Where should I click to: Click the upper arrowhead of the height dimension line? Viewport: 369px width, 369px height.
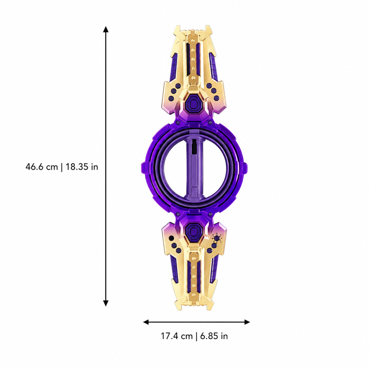click(106, 29)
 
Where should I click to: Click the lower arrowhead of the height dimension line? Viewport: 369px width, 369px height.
click(106, 303)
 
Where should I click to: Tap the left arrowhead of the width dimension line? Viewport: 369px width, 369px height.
click(146, 322)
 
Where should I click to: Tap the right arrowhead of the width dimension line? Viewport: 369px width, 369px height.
click(247, 322)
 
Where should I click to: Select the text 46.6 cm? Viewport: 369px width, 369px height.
click(42, 167)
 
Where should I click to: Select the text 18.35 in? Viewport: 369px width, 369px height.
click(82, 167)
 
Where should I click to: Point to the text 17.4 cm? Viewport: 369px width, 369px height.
click(177, 336)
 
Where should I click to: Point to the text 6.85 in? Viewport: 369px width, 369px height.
click(214, 336)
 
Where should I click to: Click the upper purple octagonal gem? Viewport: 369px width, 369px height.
click(194, 103)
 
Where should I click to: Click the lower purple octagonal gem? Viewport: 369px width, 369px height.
click(194, 231)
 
